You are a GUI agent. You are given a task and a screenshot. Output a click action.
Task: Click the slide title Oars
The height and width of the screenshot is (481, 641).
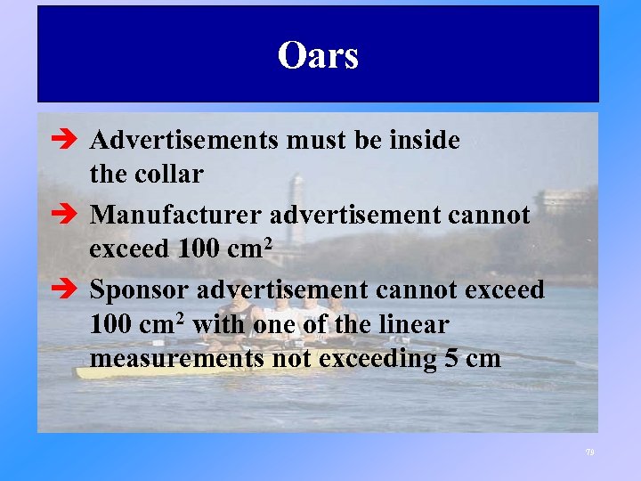[x=318, y=55]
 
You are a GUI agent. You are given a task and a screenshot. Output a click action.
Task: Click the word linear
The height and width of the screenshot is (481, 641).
[x=411, y=325]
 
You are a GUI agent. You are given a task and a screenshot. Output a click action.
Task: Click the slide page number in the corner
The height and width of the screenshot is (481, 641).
[x=589, y=452]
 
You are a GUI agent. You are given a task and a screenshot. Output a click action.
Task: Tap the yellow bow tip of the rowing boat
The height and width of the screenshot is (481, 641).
[x=82, y=371]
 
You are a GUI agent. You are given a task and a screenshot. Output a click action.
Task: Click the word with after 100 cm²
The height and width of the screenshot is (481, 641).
[x=218, y=325]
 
